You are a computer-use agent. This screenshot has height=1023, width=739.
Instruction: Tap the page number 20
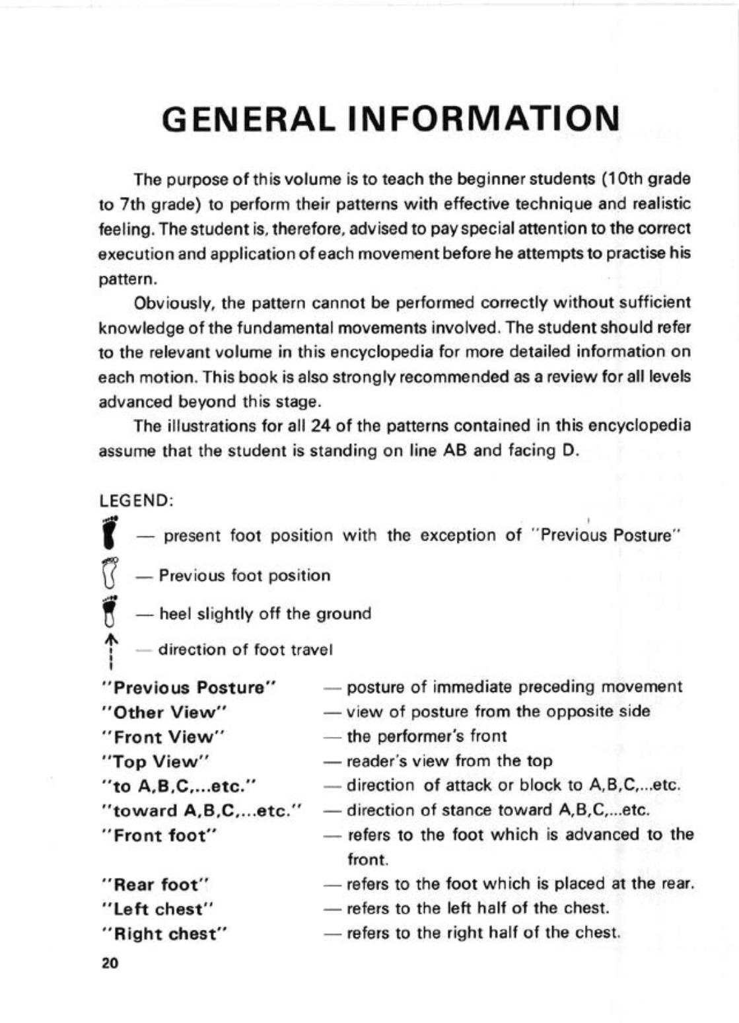tap(110, 964)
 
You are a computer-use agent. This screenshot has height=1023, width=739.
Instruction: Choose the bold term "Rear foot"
tap(157, 885)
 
